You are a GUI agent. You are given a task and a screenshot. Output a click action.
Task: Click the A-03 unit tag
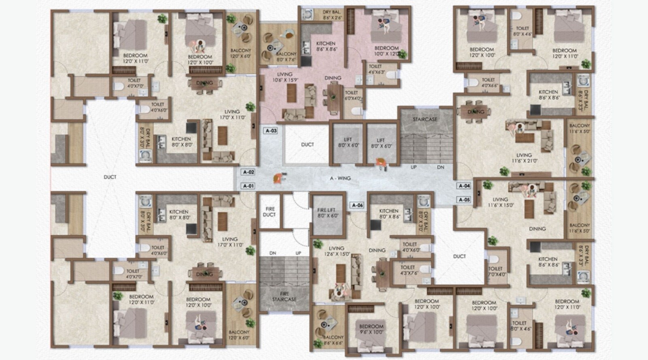[x=271, y=131]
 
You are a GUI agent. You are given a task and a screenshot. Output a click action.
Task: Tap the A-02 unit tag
[x=248, y=172]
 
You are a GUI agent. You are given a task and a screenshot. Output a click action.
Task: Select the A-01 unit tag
[x=248, y=186]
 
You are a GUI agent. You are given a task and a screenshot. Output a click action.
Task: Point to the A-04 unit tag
[x=464, y=186]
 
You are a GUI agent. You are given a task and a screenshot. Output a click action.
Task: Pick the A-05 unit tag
[x=464, y=200]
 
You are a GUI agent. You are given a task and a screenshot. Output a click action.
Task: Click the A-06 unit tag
[x=357, y=205]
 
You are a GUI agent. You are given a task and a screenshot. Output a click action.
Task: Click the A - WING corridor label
[x=340, y=178]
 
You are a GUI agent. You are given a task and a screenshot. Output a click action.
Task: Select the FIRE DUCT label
[x=270, y=212]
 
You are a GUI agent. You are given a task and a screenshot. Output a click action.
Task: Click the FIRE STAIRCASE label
[x=284, y=296]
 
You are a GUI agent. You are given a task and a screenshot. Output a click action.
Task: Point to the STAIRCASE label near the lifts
[x=425, y=119]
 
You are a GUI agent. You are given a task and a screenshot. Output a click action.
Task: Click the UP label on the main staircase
[x=414, y=167]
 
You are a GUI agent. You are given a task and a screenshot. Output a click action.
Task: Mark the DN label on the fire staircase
[x=273, y=253]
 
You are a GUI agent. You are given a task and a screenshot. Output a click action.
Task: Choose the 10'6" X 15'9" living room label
[x=285, y=77]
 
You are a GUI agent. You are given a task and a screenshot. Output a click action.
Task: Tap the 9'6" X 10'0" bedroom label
[x=371, y=329]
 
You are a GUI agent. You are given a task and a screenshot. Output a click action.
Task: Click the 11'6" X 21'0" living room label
[x=524, y=158]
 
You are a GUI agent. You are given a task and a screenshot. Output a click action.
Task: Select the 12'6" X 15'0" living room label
[x=336, y=251]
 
